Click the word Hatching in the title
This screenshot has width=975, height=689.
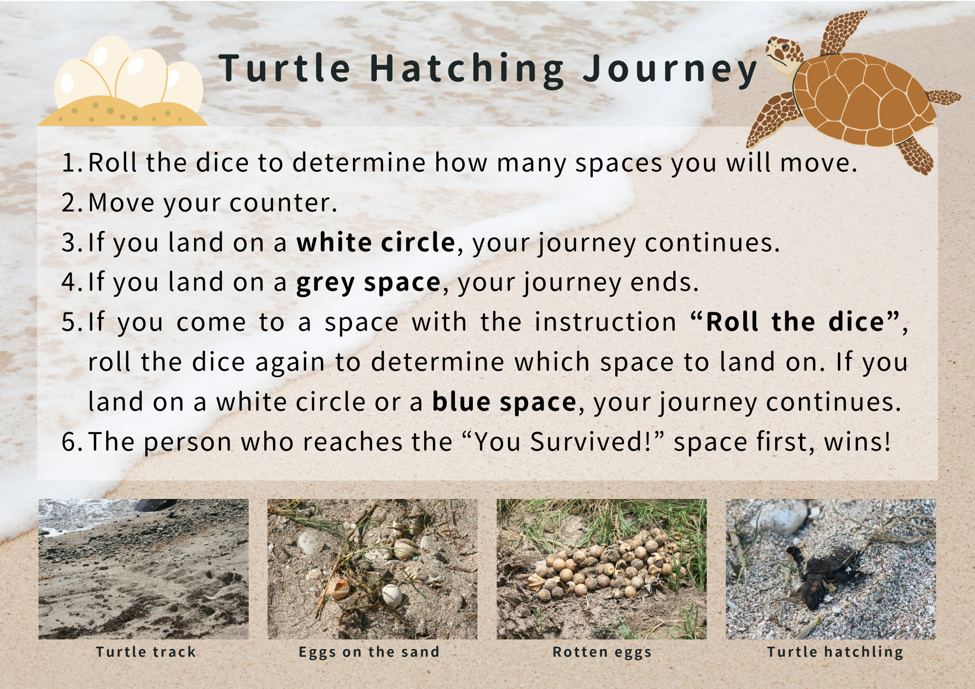(467, 70)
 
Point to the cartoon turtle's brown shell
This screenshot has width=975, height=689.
(863, 100)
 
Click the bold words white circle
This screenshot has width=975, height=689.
(376, 242)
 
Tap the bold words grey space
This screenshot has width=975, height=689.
(369, 283)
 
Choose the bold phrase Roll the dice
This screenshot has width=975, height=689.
(795, 322)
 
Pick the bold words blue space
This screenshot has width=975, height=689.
(504, 402)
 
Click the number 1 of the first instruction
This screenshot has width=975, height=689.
(68, 163)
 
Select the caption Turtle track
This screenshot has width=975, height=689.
(146, 652)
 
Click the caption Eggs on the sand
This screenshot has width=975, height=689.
(369, 652)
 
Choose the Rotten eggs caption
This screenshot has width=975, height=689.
(602, 652)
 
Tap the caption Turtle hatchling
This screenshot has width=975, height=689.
(835, 652)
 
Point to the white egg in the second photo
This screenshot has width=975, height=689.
(391, 595)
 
